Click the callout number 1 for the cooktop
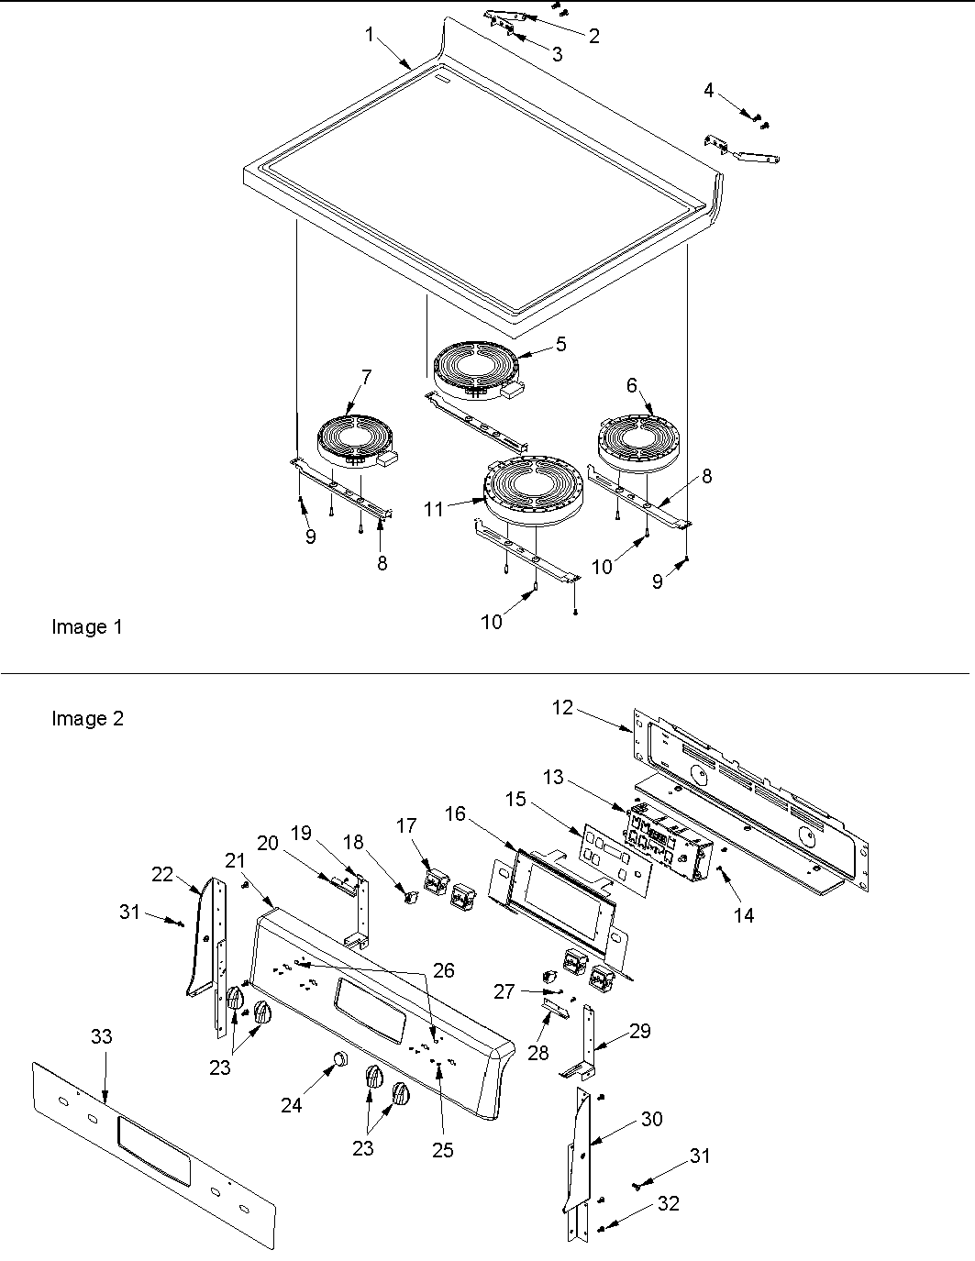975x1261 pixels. (369, 35)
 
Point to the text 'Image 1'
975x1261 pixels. (86, 627)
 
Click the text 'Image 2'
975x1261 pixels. (87, 719)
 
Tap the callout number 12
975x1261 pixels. (562, 708)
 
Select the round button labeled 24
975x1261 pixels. (339, 1060)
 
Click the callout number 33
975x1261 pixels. (102, 1036)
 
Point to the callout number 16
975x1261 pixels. (455, 813)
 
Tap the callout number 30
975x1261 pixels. (651, 1119)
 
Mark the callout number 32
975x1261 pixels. (669, 1203)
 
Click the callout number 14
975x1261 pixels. (744, 914)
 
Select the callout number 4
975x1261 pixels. (708, 90)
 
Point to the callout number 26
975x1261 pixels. (444, 970)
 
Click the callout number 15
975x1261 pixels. (515, 800)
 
